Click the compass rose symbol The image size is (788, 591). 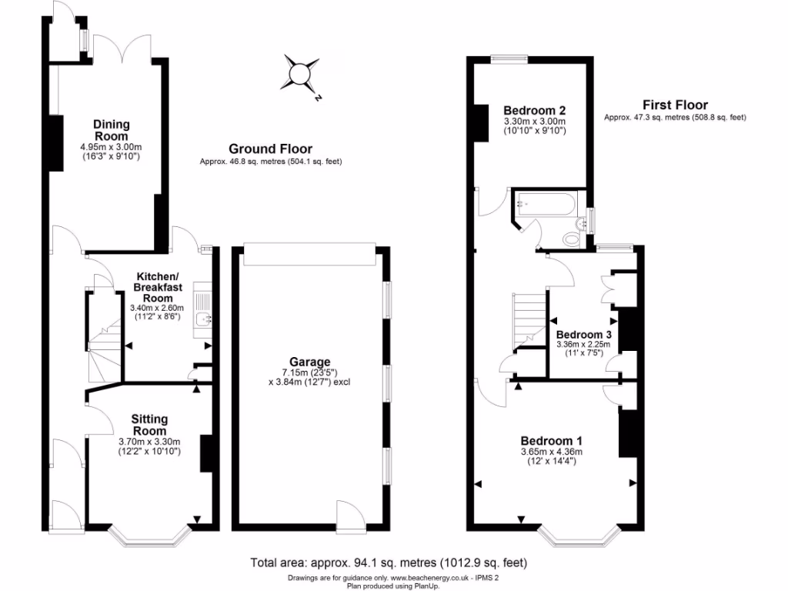(298, 74)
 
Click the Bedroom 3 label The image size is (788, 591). (583, 335)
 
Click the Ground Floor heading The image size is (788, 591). (270, 149)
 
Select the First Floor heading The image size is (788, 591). (675, 105)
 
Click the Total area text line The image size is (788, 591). (389, 562)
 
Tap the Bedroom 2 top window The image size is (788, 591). (509, 57)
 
